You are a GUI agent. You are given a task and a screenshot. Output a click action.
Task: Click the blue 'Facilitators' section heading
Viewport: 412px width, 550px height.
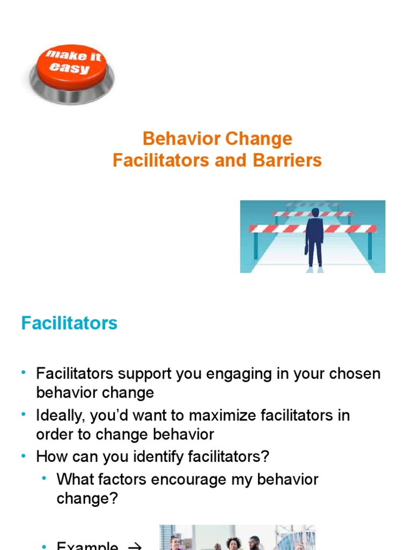point(69,323)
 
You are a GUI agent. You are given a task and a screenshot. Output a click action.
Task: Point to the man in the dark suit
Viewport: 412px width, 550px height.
point(314,236)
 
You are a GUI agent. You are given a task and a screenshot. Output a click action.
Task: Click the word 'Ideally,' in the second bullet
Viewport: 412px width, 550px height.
point(61,416)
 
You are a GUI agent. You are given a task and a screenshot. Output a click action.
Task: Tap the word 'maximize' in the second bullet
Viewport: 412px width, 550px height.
point(217,416)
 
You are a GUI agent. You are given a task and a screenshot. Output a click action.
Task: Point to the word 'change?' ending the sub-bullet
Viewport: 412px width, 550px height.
point(87,498)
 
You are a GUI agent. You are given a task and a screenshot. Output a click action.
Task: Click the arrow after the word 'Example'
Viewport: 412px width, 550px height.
point(135,546)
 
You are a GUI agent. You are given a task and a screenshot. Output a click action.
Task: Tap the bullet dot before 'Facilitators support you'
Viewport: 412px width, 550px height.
point(24,372)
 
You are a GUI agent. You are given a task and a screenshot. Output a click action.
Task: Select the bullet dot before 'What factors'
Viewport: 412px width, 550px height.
point(45,477)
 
